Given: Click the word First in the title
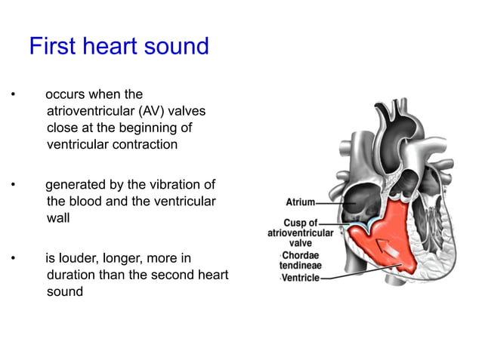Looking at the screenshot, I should (x=51, y=47).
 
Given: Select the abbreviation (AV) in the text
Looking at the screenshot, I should (x=156, y=111).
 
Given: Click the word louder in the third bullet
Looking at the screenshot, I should (x=79, y=258).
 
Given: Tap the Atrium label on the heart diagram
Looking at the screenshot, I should (x=300, y=202).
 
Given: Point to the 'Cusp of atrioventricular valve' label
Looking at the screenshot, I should (x=301, y=233).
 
